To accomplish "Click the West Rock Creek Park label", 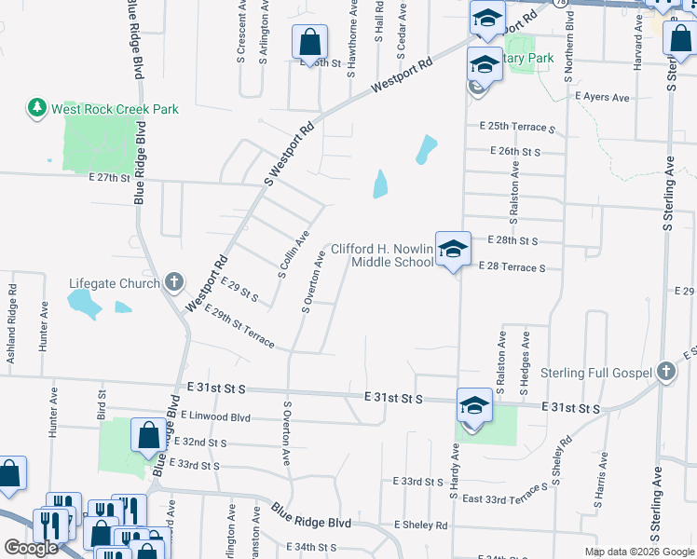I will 115,109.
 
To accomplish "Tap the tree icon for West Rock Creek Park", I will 37,109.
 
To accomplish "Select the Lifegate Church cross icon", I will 173,282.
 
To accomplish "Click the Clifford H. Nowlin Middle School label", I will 383,255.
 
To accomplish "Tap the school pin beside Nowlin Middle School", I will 453,249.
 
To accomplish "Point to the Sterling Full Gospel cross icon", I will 664,373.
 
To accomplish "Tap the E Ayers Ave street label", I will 602,97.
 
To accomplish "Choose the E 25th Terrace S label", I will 517,127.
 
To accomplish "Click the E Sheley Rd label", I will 420,525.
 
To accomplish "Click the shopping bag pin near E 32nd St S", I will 148,435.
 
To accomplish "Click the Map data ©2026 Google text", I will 639,552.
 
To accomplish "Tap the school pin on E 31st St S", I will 474,406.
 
